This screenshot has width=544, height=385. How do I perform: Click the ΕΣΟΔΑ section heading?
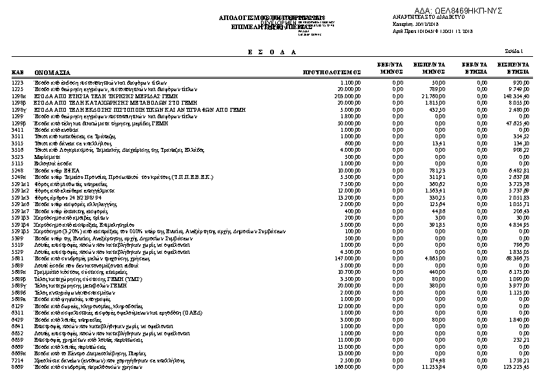(x=272, y=52)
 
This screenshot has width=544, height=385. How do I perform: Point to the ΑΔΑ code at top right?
(x=459, y=11)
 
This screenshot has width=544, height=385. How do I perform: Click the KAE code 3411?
(x=17, y=130)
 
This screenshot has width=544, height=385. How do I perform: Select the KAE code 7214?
(x=17, y=360)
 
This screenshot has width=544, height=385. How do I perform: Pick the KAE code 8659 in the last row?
(x=17, y=366)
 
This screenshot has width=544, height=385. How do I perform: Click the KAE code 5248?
(x=17, y=170)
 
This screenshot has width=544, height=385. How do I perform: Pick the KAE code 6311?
(x=17, y=312)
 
